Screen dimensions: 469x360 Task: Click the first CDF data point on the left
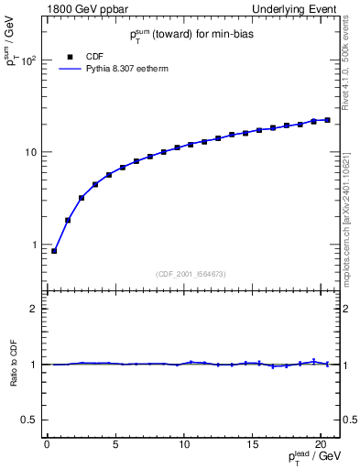54,251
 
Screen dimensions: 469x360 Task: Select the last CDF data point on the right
327,120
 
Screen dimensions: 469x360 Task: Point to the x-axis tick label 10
184,444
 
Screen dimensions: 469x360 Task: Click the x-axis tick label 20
321,444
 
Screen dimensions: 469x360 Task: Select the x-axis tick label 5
115,444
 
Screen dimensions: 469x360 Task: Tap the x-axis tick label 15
252,444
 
